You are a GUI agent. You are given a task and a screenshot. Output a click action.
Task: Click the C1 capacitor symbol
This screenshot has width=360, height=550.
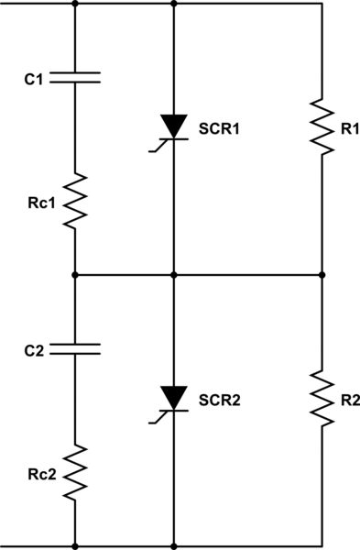click(x=74, y=80)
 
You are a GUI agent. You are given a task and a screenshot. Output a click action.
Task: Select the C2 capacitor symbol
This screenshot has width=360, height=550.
click(x=74, y=349)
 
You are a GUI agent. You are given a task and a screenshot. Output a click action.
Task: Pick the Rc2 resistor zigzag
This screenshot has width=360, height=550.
click(x=74, y=472)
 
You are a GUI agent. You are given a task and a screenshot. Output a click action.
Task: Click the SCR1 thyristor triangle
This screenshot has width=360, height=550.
click(x=173, y=127)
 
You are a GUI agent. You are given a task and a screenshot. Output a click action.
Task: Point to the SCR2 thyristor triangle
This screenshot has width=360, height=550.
click(x=173, y=398)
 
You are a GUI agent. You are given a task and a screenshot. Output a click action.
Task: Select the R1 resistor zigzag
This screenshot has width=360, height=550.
click(x=322, y=126)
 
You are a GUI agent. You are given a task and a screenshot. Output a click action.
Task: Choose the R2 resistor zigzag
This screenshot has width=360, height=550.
click(x=322, y=396)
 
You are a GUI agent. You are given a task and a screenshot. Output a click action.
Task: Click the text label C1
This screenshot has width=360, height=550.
click(x=34, y=80)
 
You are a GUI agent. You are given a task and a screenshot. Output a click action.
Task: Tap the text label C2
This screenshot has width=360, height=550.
click(x=34, y=349)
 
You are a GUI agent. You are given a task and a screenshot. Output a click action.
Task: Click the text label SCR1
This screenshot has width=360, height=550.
click(x=220, y=130)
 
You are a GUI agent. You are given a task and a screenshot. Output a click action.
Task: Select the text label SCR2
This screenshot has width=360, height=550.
click(x=220, y=401)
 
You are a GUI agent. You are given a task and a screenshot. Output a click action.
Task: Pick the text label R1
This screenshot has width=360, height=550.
click(x=349, y=130)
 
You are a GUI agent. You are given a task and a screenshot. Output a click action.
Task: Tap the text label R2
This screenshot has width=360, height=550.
click(x=349, y=401)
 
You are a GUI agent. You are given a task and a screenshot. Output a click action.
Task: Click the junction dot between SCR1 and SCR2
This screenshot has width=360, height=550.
click(x=173, y=274)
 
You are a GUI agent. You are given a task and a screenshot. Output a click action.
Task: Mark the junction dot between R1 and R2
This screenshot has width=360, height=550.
click(x=322, y=274)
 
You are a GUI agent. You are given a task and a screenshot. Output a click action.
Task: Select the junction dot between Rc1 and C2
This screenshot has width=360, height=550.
click(x=74, y=274)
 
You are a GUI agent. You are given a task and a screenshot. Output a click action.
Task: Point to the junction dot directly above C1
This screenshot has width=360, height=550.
click(x=74, y=4)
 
